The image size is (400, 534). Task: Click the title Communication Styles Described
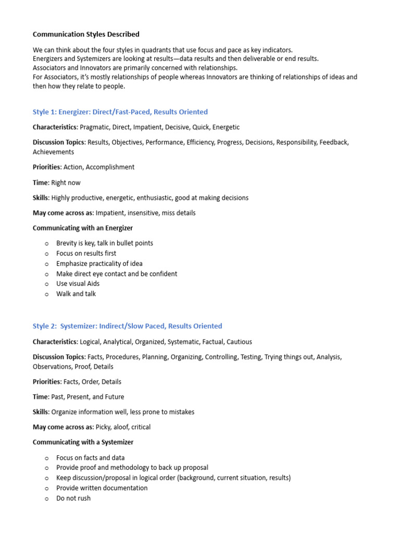tap(86, 34)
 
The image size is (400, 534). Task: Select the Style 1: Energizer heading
tap(120, 112)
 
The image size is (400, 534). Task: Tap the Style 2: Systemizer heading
tap(127, 326)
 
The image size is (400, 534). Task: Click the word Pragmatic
tap(96, 127)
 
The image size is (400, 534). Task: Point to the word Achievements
tap(53, 152)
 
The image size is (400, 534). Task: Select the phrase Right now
tap(66, 183)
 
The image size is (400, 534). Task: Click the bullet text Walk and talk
tap(76, 294)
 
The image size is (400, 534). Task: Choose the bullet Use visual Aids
tap(78, 284)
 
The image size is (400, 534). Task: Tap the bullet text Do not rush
tap(73, 498)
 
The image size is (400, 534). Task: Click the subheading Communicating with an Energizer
tap(83, 228)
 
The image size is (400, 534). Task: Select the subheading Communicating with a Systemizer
tap(83, 442)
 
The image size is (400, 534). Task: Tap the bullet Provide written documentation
tap(102, 488)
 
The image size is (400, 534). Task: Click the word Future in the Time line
tap(113, 397)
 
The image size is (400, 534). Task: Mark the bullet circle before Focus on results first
tap(46, 253)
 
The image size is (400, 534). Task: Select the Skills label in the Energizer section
tap(41, 198)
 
